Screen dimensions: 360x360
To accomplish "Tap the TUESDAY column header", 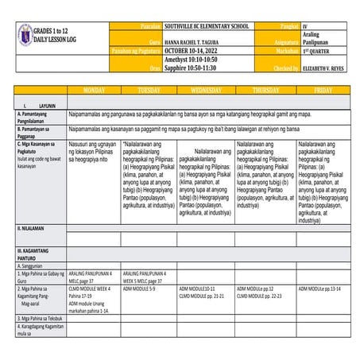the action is pyautogui.click(x=149, y=91).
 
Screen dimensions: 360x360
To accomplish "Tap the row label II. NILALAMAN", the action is pyautogui.click(x=32, y=228).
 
